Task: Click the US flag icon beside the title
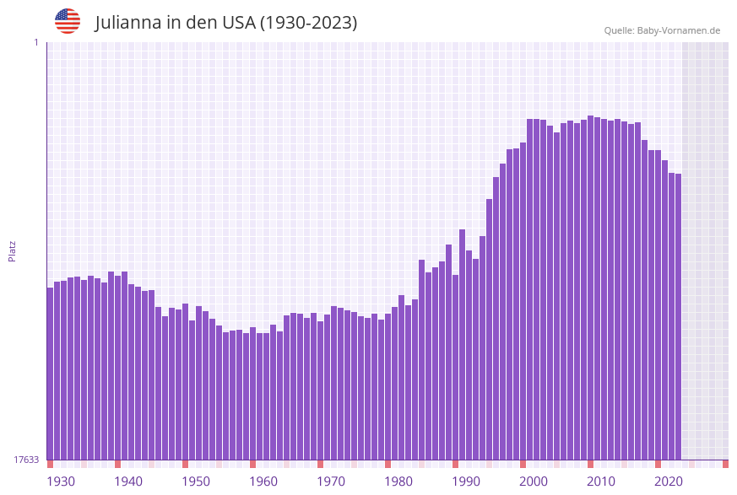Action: [68, 21]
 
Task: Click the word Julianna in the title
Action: [128, 23]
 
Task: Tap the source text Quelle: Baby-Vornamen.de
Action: [662, 30]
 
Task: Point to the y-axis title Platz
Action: [13, 250]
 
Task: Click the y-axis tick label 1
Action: [36, 42]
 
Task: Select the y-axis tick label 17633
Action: [26, 460]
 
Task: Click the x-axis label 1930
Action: [60, 482]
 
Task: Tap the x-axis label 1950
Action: [196, 482]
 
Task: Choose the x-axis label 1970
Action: [331, 482]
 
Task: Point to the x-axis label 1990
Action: [466, 482]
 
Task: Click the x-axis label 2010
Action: [601, 482]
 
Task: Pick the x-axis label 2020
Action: [669, 482]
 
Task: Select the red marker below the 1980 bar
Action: [387, 464]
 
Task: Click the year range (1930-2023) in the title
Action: [308, 23]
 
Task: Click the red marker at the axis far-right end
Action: [725, 464]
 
